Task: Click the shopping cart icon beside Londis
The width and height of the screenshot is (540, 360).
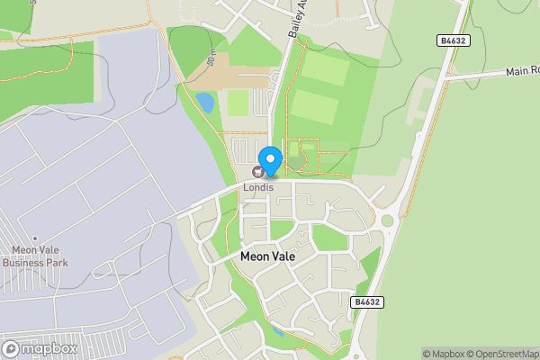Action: (258, 171)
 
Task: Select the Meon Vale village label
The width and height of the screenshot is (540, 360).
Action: (267, 256)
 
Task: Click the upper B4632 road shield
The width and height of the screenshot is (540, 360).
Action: (454, 40)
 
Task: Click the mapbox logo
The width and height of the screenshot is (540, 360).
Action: (40, 348)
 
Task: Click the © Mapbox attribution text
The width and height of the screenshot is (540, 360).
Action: (444, 354)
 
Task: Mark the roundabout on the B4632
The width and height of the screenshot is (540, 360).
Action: (388, 220)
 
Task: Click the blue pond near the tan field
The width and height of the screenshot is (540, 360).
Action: (204, 102)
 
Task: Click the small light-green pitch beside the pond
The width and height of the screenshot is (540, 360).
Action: (237, 103)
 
